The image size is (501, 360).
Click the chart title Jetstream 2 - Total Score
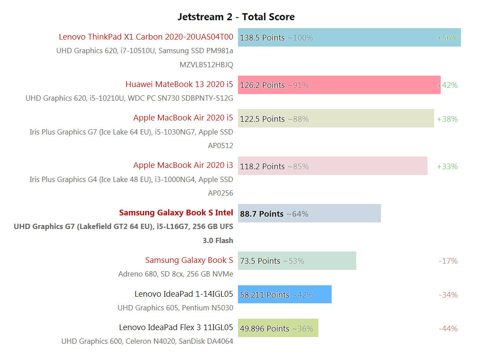(236, 17)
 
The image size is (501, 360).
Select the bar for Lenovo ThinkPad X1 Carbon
(349, 37)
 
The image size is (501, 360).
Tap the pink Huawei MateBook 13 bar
(339, 85)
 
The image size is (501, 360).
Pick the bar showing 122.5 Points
(336, 119)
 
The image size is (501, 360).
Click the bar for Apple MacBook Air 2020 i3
(333, 166)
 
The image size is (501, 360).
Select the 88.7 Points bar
(309, 213)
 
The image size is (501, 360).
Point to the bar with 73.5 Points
(297, 261)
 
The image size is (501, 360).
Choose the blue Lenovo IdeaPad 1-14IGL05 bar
(285, 295)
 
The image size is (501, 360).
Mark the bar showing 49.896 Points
(278, 328)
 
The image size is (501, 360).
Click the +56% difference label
(447, 38)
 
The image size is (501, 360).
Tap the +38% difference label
(447, 119)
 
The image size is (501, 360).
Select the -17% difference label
(448, 261)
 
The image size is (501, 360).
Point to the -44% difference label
(448, 329)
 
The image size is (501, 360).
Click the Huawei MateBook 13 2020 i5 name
(179, 84)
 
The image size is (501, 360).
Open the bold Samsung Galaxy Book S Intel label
(176, 213)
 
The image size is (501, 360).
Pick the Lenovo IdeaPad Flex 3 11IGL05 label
(176, 327)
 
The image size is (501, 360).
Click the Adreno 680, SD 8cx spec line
(176, 274)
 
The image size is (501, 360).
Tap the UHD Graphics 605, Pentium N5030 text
(175, 308)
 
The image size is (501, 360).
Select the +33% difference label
(447, 167)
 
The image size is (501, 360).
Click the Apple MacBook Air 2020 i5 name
(183, 118)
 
